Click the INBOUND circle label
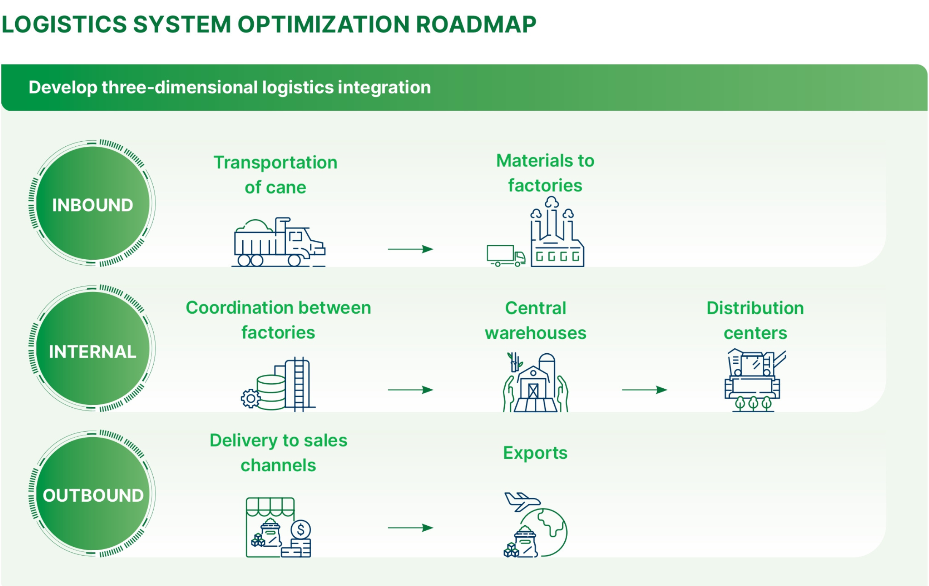[92, 205]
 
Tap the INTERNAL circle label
[92, 352]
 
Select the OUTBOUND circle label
[93, 495]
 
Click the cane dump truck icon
[279, 242]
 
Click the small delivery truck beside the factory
[506, 255]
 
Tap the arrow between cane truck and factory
[410, 249]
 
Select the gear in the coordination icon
[251, 398]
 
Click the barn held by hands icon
[535, 382]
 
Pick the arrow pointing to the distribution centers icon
[645, 390]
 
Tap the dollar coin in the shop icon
[301, 529]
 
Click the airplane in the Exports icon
[523, 501]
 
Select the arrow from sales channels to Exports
[410, 528]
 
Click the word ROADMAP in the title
[476, 24]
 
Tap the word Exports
[535, 453]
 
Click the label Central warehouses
[536, 320]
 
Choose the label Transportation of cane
[276, 175]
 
